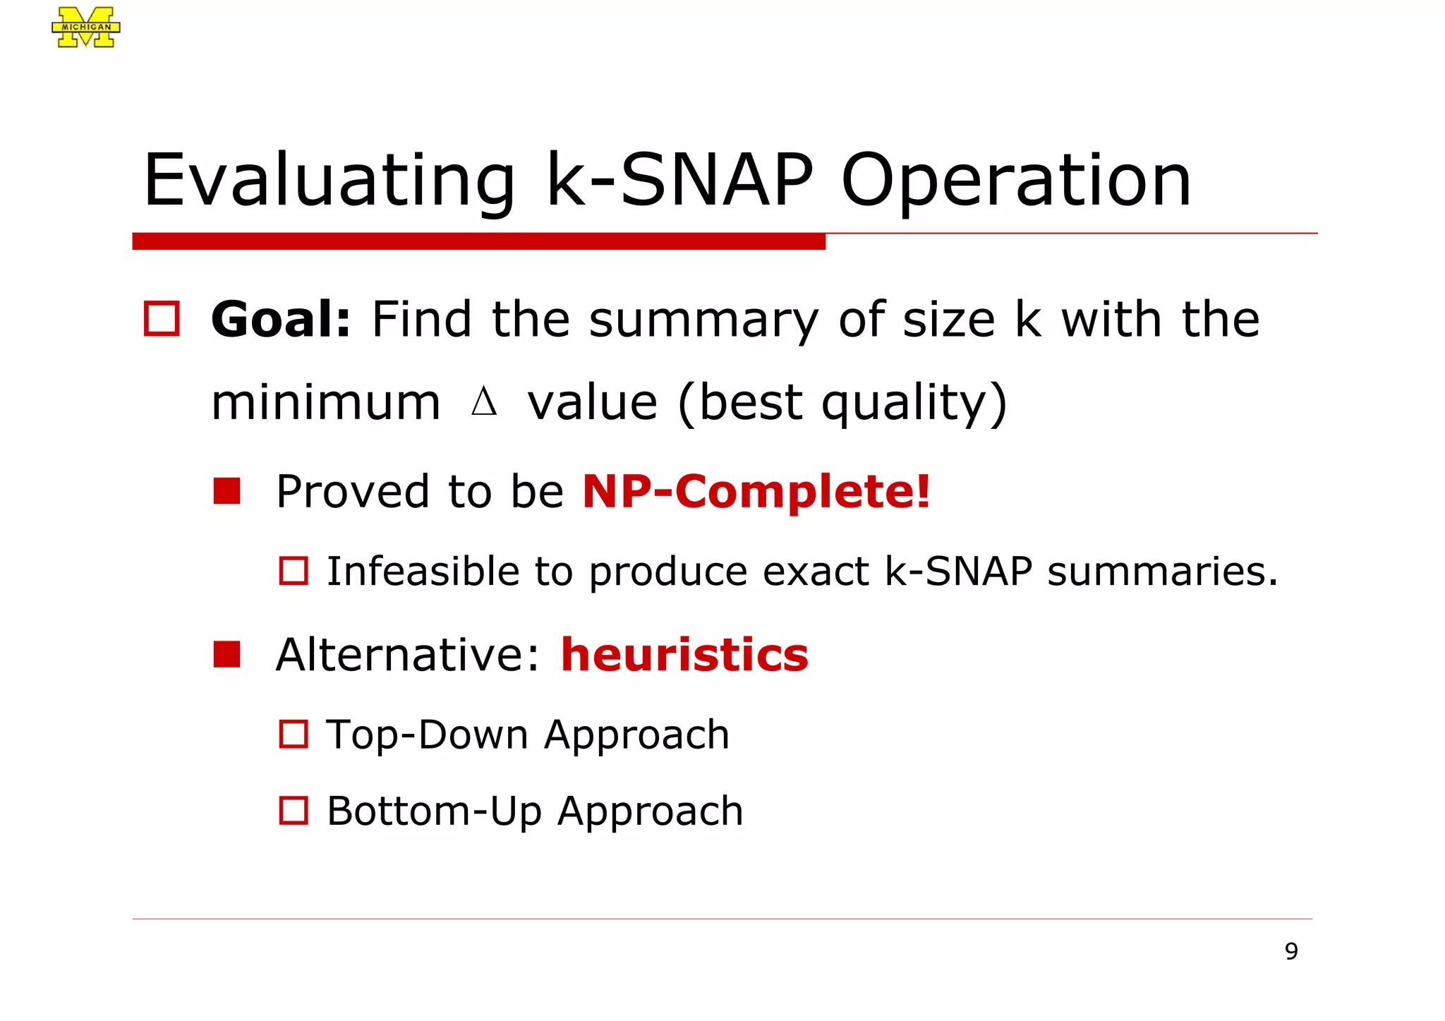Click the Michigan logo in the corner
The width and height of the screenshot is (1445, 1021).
click(x=85, y=28)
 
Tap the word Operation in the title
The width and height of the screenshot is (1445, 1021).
click(x=1016, y=181)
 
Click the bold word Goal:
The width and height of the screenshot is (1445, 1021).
click(x=281, y=319)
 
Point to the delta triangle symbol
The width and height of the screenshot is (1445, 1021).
click(x=484, y=403)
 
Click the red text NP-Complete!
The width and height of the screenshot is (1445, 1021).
click(x=756, y=491)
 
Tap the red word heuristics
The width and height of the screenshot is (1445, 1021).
click(x=684, y=654)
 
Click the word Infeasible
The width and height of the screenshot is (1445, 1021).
click(x=423, y=571)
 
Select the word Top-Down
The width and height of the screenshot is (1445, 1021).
click(x=427, y=735)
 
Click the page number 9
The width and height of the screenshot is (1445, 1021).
click(x=1290, y=951)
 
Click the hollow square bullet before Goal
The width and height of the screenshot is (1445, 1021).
click(x=162, y=319)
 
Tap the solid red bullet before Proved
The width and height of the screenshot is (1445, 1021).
click(x=226, y=491)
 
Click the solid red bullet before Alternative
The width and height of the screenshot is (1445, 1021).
click(x=226, y=654)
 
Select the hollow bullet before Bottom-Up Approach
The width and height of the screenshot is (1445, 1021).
click(x=294, y=811)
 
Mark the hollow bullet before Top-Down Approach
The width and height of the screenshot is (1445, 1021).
click(x=294, y=735)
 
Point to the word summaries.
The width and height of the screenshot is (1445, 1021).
click(x=1161, y=571)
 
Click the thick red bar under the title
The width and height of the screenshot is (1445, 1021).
click(x=478, y=241)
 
